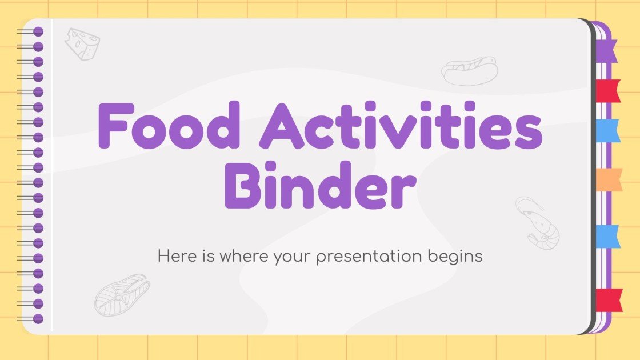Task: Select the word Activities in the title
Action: (x=400, y=126)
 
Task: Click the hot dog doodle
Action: (x=469, y=70)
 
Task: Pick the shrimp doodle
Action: (x=537, y=223)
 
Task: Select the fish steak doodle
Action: (x=122, y=295)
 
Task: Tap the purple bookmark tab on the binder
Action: (x=607, y=51)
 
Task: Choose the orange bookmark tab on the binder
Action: (x=608, y=179)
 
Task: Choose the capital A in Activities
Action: (x=282, y=126)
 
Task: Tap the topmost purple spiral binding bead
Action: (x=38, y=31)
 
